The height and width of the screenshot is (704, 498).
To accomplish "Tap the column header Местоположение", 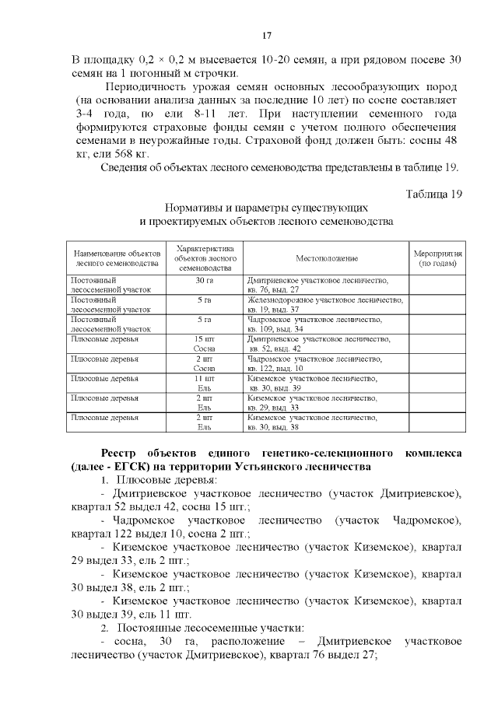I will pyautogui.click(x=326, y=257).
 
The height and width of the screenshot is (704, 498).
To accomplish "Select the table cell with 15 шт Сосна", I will pyautogui.click(x=205, y=344).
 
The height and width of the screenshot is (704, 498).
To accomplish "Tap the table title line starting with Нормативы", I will pyautogui.click(x=265, y=208).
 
